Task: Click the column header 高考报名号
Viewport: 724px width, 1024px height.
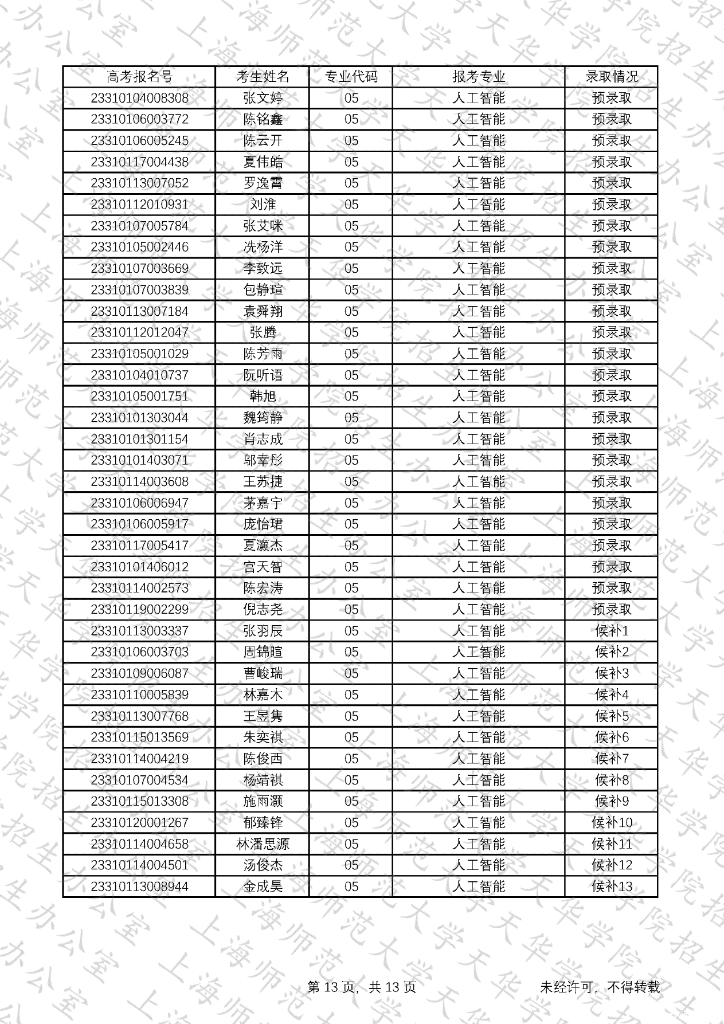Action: (139, 77)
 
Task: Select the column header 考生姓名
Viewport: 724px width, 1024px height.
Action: (263, 77)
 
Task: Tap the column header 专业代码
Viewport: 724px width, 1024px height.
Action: (351, 77)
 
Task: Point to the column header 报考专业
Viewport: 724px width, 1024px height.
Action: (479, 77)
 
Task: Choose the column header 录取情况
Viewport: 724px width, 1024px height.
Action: (611, 77)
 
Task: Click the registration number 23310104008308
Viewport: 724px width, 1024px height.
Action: (139, 98)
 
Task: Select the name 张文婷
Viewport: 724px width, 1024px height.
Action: (263, 98)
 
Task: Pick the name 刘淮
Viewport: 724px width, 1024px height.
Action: (263, 205)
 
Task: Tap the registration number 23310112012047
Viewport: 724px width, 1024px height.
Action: (139, 332)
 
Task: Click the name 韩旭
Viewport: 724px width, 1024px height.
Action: (263, 397)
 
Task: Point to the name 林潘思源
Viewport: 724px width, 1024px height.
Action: (263, 844)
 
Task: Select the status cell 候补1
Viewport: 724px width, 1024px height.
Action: (611, 631)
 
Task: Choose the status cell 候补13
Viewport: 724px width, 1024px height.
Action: (611, 886)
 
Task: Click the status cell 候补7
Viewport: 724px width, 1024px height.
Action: (611, 759)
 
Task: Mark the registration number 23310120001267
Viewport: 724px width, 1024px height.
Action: (139, 823)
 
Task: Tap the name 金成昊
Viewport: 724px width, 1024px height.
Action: (263, 886)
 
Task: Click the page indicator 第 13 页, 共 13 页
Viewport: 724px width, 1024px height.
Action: (362, 987)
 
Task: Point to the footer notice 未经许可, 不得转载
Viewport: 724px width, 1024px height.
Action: (600, 987)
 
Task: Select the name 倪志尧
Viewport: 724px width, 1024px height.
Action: (263, 610)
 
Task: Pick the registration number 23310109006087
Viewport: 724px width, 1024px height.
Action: (139, 673)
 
